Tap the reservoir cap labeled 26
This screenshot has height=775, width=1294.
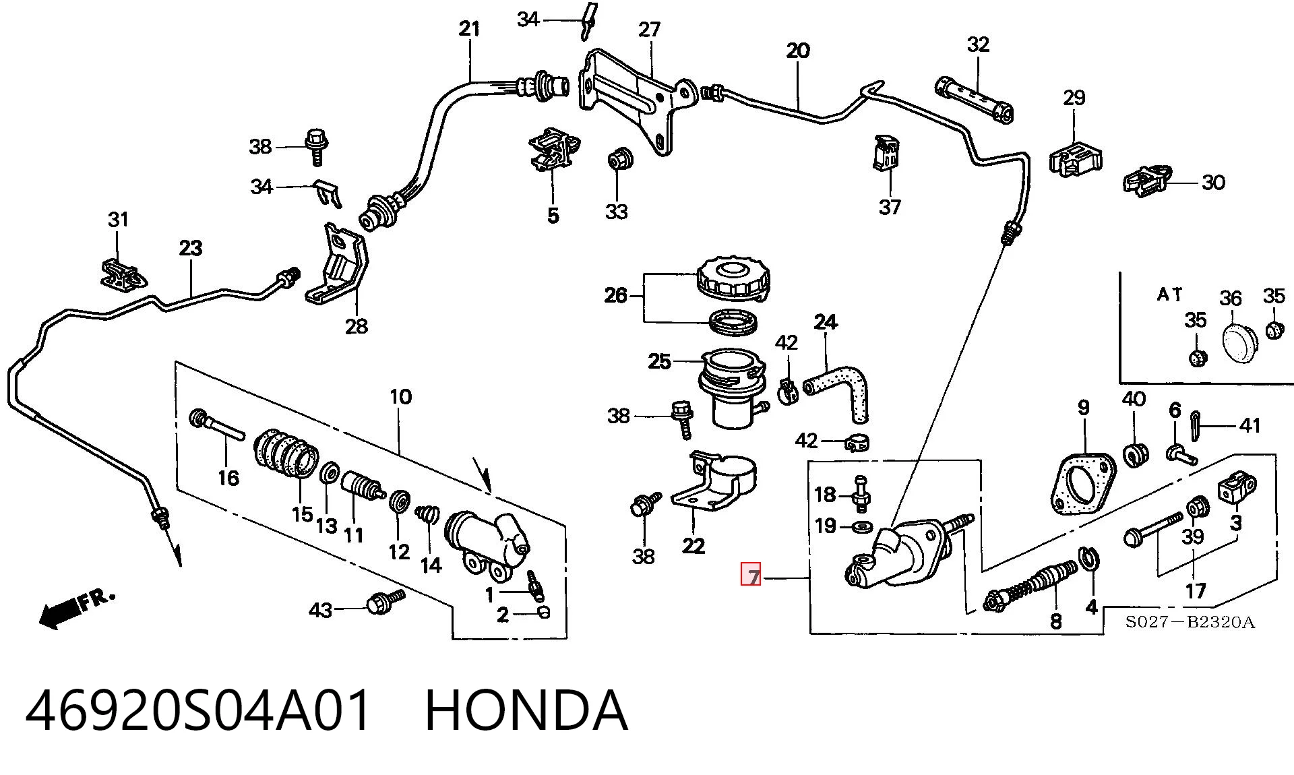(732, 277)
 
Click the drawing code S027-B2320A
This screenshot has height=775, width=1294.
(1190, 621)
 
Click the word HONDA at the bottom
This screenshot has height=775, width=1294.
(526, 711)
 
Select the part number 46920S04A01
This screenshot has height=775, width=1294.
(198, 711)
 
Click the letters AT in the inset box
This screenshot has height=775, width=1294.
(1170, 294)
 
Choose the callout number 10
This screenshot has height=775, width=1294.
(400, 396)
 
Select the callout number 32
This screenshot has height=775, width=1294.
(978, 44)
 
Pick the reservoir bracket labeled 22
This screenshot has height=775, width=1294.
(714, 483)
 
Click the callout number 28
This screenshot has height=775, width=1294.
(356, 326)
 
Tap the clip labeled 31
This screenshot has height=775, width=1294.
(124, 272)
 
